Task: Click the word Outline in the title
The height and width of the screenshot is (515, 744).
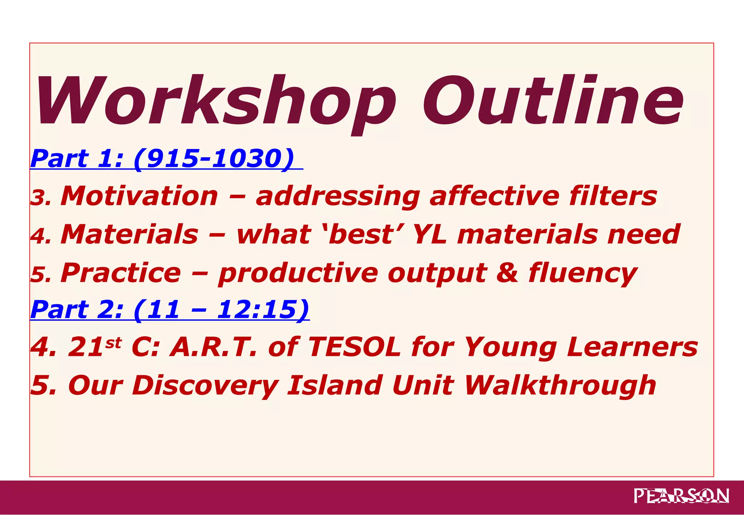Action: click(x=552, y=101)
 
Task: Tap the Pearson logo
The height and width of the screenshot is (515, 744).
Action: click(x=681, y=496)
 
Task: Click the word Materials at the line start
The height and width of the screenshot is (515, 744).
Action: click(x=129, y=234)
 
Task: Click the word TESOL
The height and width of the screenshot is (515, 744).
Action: click(x=354, y=347)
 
